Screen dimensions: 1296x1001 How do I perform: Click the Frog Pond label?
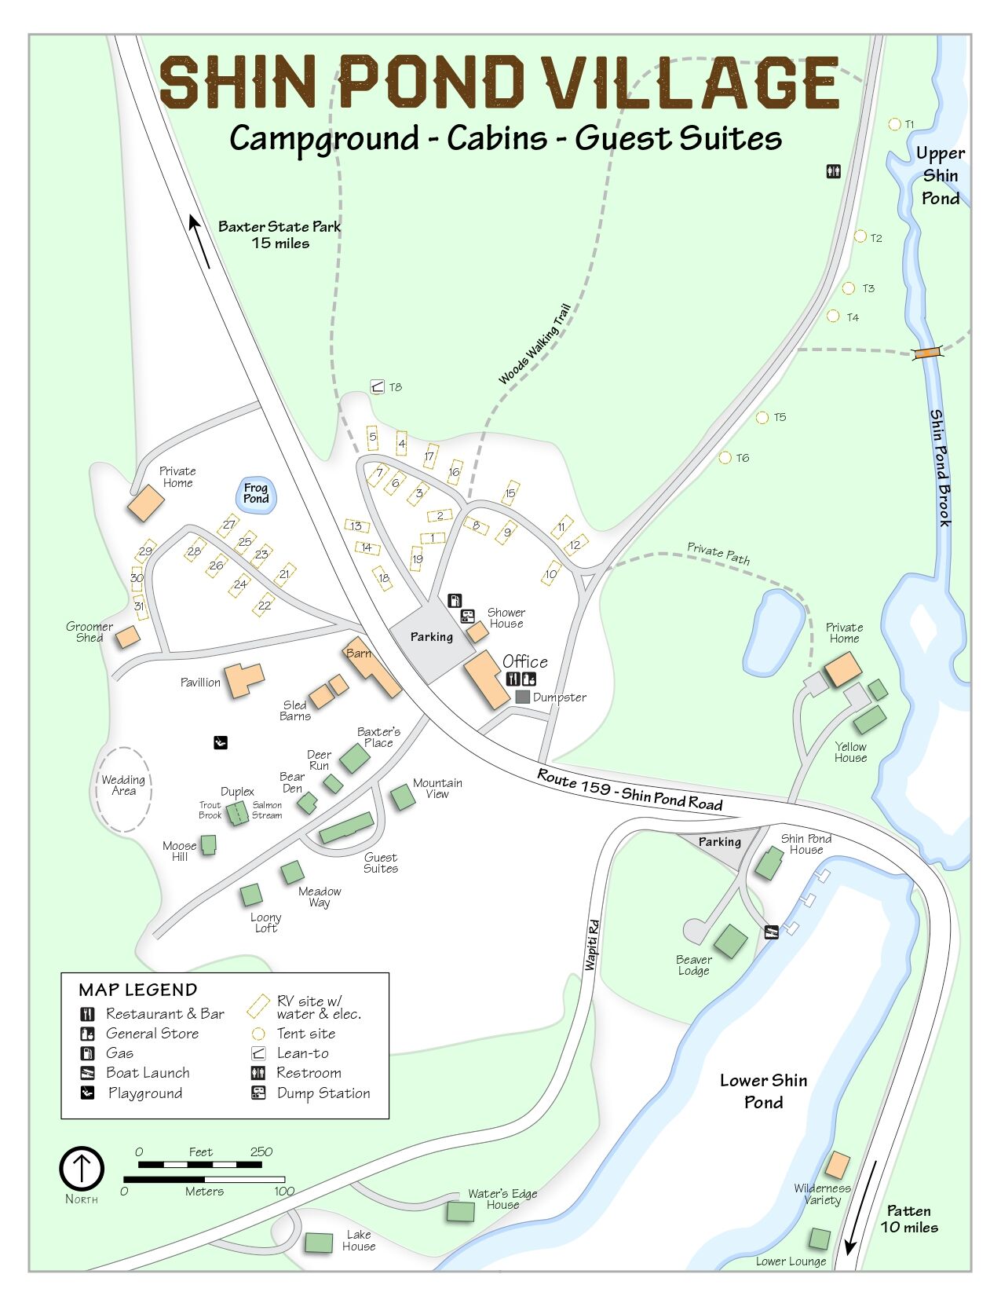(255, 493)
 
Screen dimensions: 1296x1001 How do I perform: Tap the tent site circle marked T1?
(893, 124)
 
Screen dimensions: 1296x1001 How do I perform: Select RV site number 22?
(264, 606)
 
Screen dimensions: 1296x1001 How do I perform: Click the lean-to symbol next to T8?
(378, 386)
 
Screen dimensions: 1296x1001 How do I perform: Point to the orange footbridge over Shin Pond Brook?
(927, 353)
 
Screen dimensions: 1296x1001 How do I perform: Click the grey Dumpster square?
(522, 697)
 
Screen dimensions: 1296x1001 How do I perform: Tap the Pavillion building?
(243, 679)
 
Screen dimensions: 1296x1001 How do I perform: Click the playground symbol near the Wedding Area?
(221, 741)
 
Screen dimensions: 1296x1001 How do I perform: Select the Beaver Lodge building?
(730, 940)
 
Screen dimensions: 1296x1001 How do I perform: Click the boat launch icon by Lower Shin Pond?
(771, 932)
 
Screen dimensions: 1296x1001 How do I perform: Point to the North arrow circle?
(82, 1168)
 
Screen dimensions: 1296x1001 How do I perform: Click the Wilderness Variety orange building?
(837, 1165)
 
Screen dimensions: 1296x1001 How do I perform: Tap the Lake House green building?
(319, 1243)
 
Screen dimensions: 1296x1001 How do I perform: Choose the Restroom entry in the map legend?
(309, 1073)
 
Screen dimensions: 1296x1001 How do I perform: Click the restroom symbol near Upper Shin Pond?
(833, 170)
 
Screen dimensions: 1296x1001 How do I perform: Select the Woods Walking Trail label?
(534, 345)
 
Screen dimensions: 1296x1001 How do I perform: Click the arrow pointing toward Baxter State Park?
(199, 241)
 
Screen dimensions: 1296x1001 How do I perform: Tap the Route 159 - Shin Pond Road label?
(629, 789)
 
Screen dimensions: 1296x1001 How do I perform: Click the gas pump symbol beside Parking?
(455, 601)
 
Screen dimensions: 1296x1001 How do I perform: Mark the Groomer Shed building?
(127, 637)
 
